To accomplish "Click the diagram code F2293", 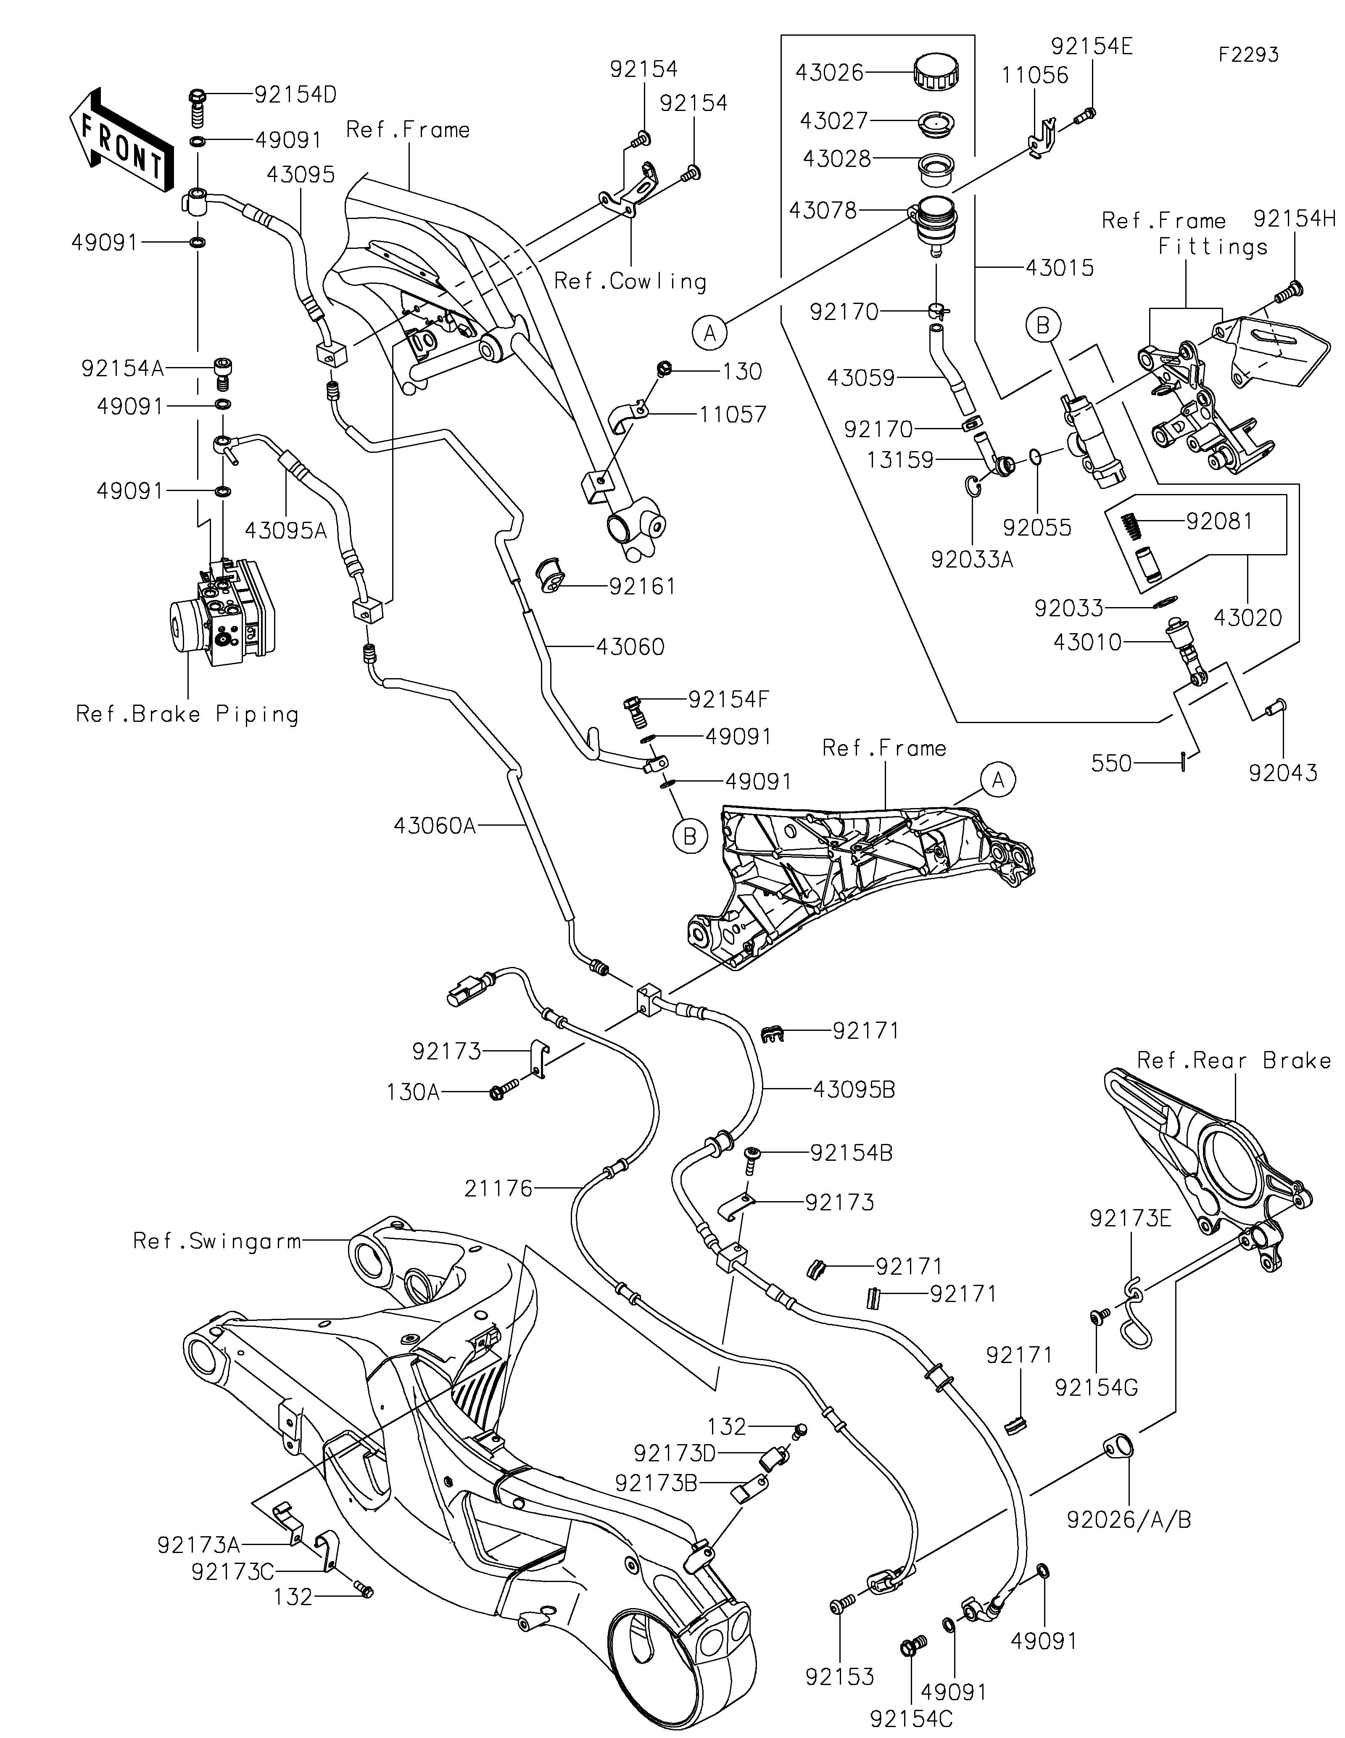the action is coord(1249,55).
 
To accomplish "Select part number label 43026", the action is coord(830,72).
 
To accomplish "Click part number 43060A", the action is coord(434,826).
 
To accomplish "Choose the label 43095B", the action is coord(854,1089).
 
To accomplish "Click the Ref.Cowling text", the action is coord(630,281).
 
